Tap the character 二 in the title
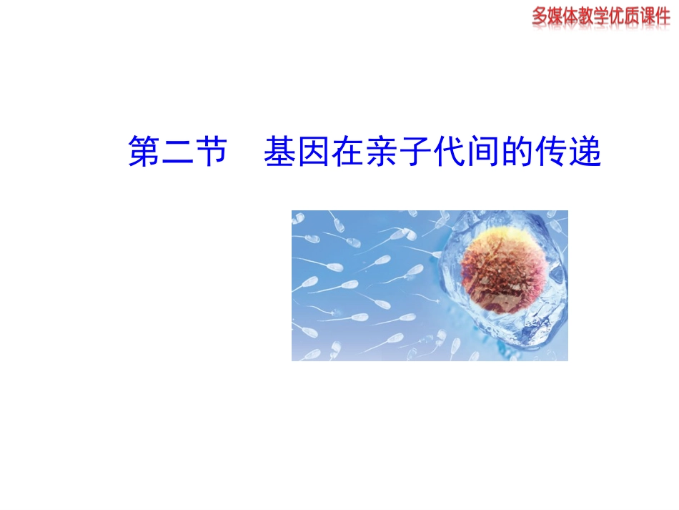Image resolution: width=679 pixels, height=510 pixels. tap(177, 152)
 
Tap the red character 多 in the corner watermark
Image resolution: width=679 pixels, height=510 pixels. tap(540, 16)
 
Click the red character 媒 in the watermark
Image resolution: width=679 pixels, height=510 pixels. tap(558, 16)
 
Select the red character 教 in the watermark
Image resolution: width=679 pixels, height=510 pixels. tap(593, 16)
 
